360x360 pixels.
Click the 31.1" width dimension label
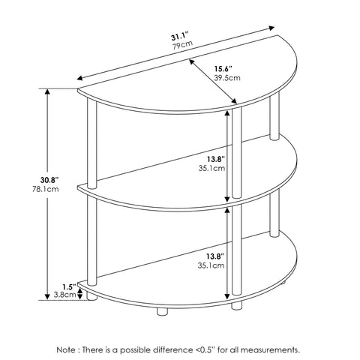pyautogui.click(x=179, y=37)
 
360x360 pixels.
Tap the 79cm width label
pyautogui.click(x=182, y=45)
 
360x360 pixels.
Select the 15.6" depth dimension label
pyautogui.click(x=223, y=68)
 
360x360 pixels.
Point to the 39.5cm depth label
pyautogui.click(x=227, y=78)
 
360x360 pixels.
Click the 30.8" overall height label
pyautogui.click(x=49, y=180)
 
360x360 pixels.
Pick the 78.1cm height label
pyautogui.click(x=46, y=189)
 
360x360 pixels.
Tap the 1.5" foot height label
pyautogui.click(x=69, y=286)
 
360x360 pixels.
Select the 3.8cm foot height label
pyautogui.click(x=65, y=295)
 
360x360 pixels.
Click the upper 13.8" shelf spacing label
pyautogui.click(x=216, y=159)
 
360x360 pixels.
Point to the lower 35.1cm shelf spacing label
pyautogui.click(x=211, y=265)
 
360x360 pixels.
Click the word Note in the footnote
pyautogui.click(x=66, y=343)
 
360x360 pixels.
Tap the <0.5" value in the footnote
pyautogui.click(x=205, y=343)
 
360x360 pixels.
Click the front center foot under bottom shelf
pyautogui.click(x=162, y=311)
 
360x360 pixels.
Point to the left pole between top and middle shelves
pyautogui.click(x=91, y=143)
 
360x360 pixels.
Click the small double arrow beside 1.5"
pyautogui.click(x=79, y=293)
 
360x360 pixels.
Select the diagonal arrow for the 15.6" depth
pyautogui.click(x=213, y=81)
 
